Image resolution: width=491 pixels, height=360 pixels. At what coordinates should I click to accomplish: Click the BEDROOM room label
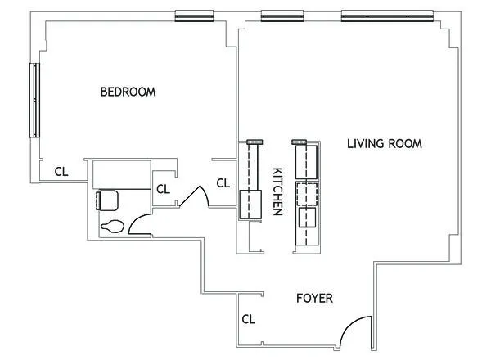click(128, 92)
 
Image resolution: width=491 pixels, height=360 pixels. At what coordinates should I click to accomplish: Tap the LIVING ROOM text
click(384, 144)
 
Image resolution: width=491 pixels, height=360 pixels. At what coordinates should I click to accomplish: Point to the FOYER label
click(314, 299)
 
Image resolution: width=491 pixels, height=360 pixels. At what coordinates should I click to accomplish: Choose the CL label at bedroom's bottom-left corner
click(61, 172)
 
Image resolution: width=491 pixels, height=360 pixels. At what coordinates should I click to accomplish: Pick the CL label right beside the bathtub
click(163, 189)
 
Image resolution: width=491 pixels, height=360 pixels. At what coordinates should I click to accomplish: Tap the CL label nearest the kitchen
click(223, 182)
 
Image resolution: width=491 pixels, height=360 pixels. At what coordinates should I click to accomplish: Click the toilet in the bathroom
click(112, 224)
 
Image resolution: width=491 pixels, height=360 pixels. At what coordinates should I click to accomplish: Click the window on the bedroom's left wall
click(34, 100)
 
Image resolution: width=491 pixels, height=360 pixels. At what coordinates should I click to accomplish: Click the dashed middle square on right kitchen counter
click(305, 194)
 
